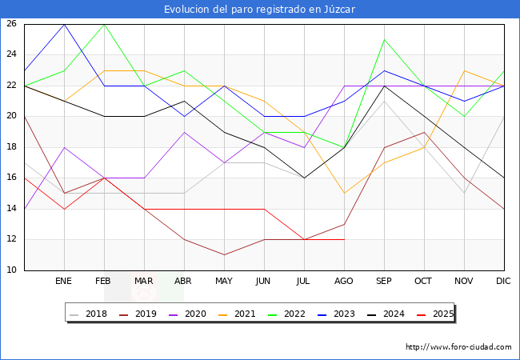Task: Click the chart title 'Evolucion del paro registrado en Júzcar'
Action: pyautogui.click(x=260, y=10)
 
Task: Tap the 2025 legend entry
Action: pyautogui.click(x=433, y=314)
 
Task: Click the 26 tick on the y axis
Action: pyautogui.click(x=11, y=24)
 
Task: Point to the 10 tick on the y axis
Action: pyautogui.click(x=11, y=270)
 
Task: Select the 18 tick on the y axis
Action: pyautogui.click(x=11, y=147)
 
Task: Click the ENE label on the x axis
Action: pyautogui.click(x=64, y=282)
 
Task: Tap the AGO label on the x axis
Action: pyautogui.click(x=344, y=282)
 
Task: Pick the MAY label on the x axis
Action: pyautogui.click(x=224, y=282)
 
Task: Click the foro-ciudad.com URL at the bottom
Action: pyautogui.click(x=458, y=347)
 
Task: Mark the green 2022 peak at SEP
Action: pyautogui.click(x=385, y=39)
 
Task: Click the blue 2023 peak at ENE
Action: pyautogui.click(x=64, y=24)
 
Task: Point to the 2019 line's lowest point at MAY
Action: pyautogui.click(x=224, y=255)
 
